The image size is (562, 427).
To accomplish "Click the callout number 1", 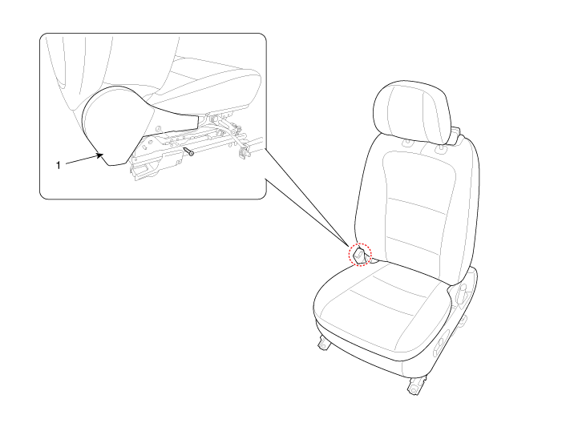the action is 58,166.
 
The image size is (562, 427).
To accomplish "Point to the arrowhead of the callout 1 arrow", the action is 99,155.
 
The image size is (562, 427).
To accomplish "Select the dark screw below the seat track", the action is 188,151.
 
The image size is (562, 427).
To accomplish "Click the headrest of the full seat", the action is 411,112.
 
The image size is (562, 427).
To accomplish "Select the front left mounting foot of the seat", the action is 324,343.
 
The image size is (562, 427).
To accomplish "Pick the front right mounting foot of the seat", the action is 416,386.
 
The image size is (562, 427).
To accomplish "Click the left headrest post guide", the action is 407,143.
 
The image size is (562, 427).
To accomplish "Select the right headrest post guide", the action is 440,146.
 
